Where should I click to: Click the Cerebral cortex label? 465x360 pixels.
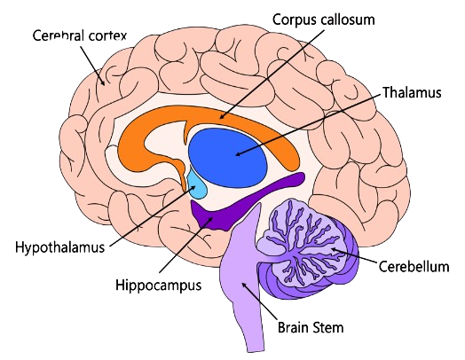(80, 35)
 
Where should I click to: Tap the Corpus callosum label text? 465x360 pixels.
(324, 20)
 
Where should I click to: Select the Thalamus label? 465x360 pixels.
(412, 92)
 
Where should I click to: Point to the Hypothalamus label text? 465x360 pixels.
(60, 247)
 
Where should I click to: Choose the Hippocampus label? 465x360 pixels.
(158, 286)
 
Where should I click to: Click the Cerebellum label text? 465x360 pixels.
(414, 266)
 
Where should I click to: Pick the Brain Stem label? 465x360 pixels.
(311, 328)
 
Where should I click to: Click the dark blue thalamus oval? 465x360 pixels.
(228, 158)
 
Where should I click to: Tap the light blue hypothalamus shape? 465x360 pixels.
(197, 186)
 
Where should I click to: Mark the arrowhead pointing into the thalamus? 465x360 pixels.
(239, 153)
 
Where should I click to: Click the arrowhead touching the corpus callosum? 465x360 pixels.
(222, 116)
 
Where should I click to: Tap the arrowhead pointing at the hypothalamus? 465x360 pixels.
(193, 188)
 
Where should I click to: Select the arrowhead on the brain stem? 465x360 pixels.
(245, 285)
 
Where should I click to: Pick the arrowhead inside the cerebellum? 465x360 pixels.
(334, 250)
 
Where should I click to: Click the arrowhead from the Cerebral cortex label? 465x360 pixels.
(102, 82)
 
